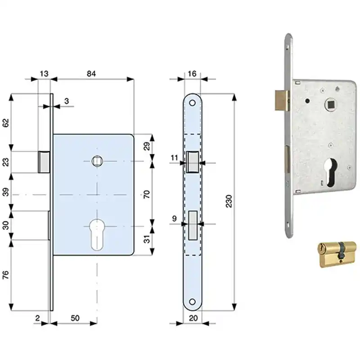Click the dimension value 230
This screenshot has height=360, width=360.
point(229,201)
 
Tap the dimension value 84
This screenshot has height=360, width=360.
point(91,74)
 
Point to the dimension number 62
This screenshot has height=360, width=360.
point(5,122)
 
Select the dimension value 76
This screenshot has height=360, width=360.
point(5,274)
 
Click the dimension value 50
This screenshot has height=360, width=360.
point(75,318)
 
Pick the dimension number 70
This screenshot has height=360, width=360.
point(147,194)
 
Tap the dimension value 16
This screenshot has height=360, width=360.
point(192,74)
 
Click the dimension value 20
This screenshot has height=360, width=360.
point(193,318)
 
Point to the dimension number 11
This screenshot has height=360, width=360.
point(174,158)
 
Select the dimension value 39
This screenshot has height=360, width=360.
point(5,192)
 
